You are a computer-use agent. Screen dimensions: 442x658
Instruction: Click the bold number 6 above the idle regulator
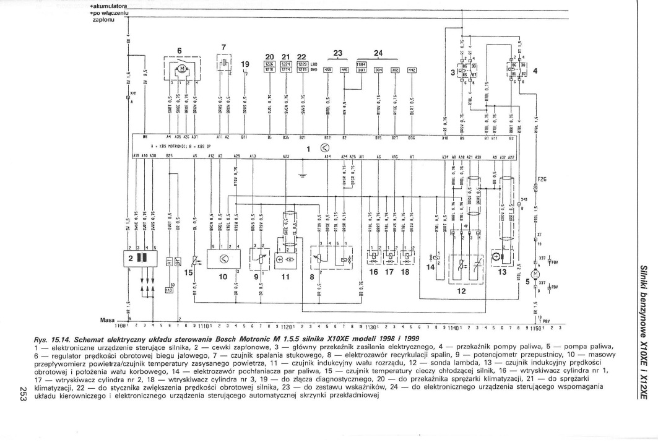coord(180,52)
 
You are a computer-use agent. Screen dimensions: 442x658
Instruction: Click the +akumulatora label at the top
coord(109,6)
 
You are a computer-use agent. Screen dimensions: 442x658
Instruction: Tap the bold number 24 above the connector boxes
coord(379,53)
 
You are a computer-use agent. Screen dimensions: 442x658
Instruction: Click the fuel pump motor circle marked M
coord(536,273)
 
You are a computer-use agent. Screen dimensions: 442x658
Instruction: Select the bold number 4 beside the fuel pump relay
coord(535,70)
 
